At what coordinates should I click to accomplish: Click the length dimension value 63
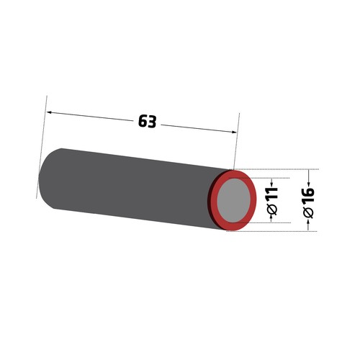(148, 122)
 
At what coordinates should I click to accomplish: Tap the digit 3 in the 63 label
(152, 122)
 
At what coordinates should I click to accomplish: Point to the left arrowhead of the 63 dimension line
(50, 112)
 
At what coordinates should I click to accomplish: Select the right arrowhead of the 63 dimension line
(234, 132)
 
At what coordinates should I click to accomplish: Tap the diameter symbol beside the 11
(272, 209)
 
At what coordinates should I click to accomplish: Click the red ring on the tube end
(253, 199)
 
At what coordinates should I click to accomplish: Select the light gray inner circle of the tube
(233, 200)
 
